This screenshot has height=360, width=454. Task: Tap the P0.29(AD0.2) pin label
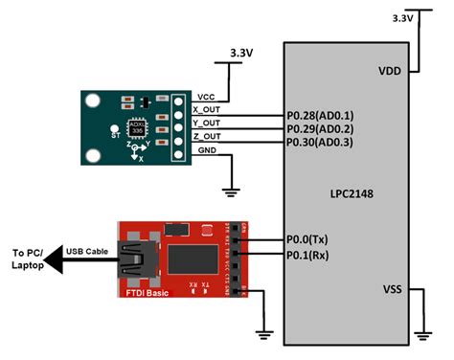[320, 128]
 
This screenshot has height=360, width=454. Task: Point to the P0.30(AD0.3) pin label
[320, 142]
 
